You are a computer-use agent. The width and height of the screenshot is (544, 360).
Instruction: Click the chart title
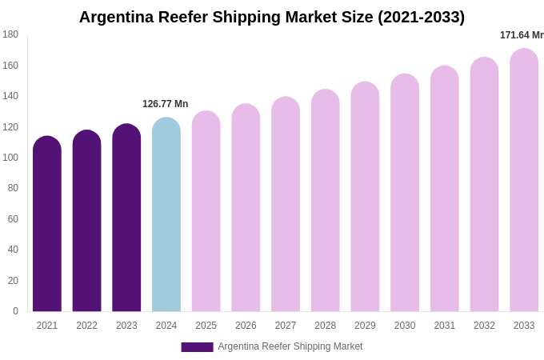pos(271,17)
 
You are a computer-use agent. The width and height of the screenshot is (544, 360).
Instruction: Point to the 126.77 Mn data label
pos(166,104)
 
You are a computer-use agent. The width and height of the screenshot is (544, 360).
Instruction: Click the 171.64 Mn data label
pos(522,35)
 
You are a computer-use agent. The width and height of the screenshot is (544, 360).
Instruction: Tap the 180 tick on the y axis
pos(10,34)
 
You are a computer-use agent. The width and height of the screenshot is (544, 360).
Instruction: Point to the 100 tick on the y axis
pos(10,158)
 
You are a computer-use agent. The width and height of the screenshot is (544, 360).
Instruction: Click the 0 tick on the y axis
pos(15,311)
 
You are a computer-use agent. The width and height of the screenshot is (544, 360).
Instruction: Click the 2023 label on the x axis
pos(126,326)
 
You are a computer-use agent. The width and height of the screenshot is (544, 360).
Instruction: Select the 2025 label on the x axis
pos(206,326)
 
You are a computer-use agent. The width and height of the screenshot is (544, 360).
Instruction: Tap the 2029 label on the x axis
pos(365,326)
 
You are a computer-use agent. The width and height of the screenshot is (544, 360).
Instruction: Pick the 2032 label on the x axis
pos(484,326)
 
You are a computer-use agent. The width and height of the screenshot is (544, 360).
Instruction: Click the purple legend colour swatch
pos(197,347)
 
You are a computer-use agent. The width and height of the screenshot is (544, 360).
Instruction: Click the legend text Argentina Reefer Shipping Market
pos(290,346)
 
